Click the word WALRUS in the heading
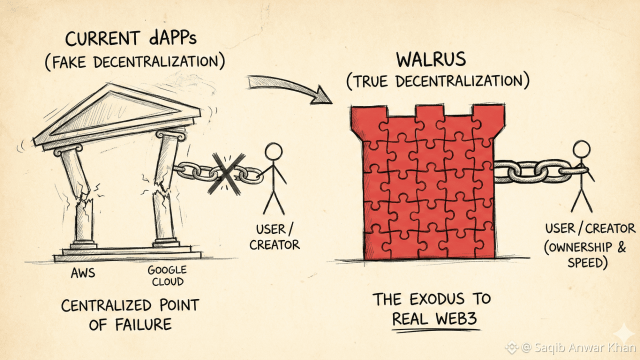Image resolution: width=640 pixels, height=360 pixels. click(x=430, y=59)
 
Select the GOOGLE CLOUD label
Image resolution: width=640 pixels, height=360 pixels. click(x=166, y=275)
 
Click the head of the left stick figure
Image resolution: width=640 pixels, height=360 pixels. click(x=273, y=152)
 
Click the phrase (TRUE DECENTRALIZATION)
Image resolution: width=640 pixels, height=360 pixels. click(x=437, y=81)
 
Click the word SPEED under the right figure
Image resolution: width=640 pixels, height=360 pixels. click(x=587, y=262)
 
